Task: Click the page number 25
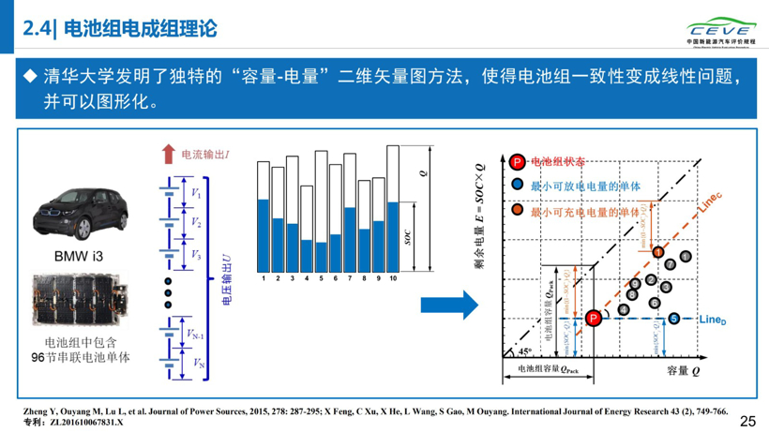(748, 421)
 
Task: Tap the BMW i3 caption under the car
(74, 255)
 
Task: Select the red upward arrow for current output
(168, 154)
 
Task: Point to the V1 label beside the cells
(196, 193)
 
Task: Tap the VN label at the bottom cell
(196, 363)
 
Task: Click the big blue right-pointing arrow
(449, 305)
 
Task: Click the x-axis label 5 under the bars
(322, 278)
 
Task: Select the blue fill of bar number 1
(264, 234)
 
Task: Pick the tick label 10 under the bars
(392, 278)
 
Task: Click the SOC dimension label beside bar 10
(408, 236)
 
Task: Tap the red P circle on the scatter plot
(593, 319)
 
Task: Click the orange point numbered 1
(658, 251)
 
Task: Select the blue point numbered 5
(674, 319)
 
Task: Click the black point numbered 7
(670, 264)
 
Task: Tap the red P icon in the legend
(517, 162)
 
